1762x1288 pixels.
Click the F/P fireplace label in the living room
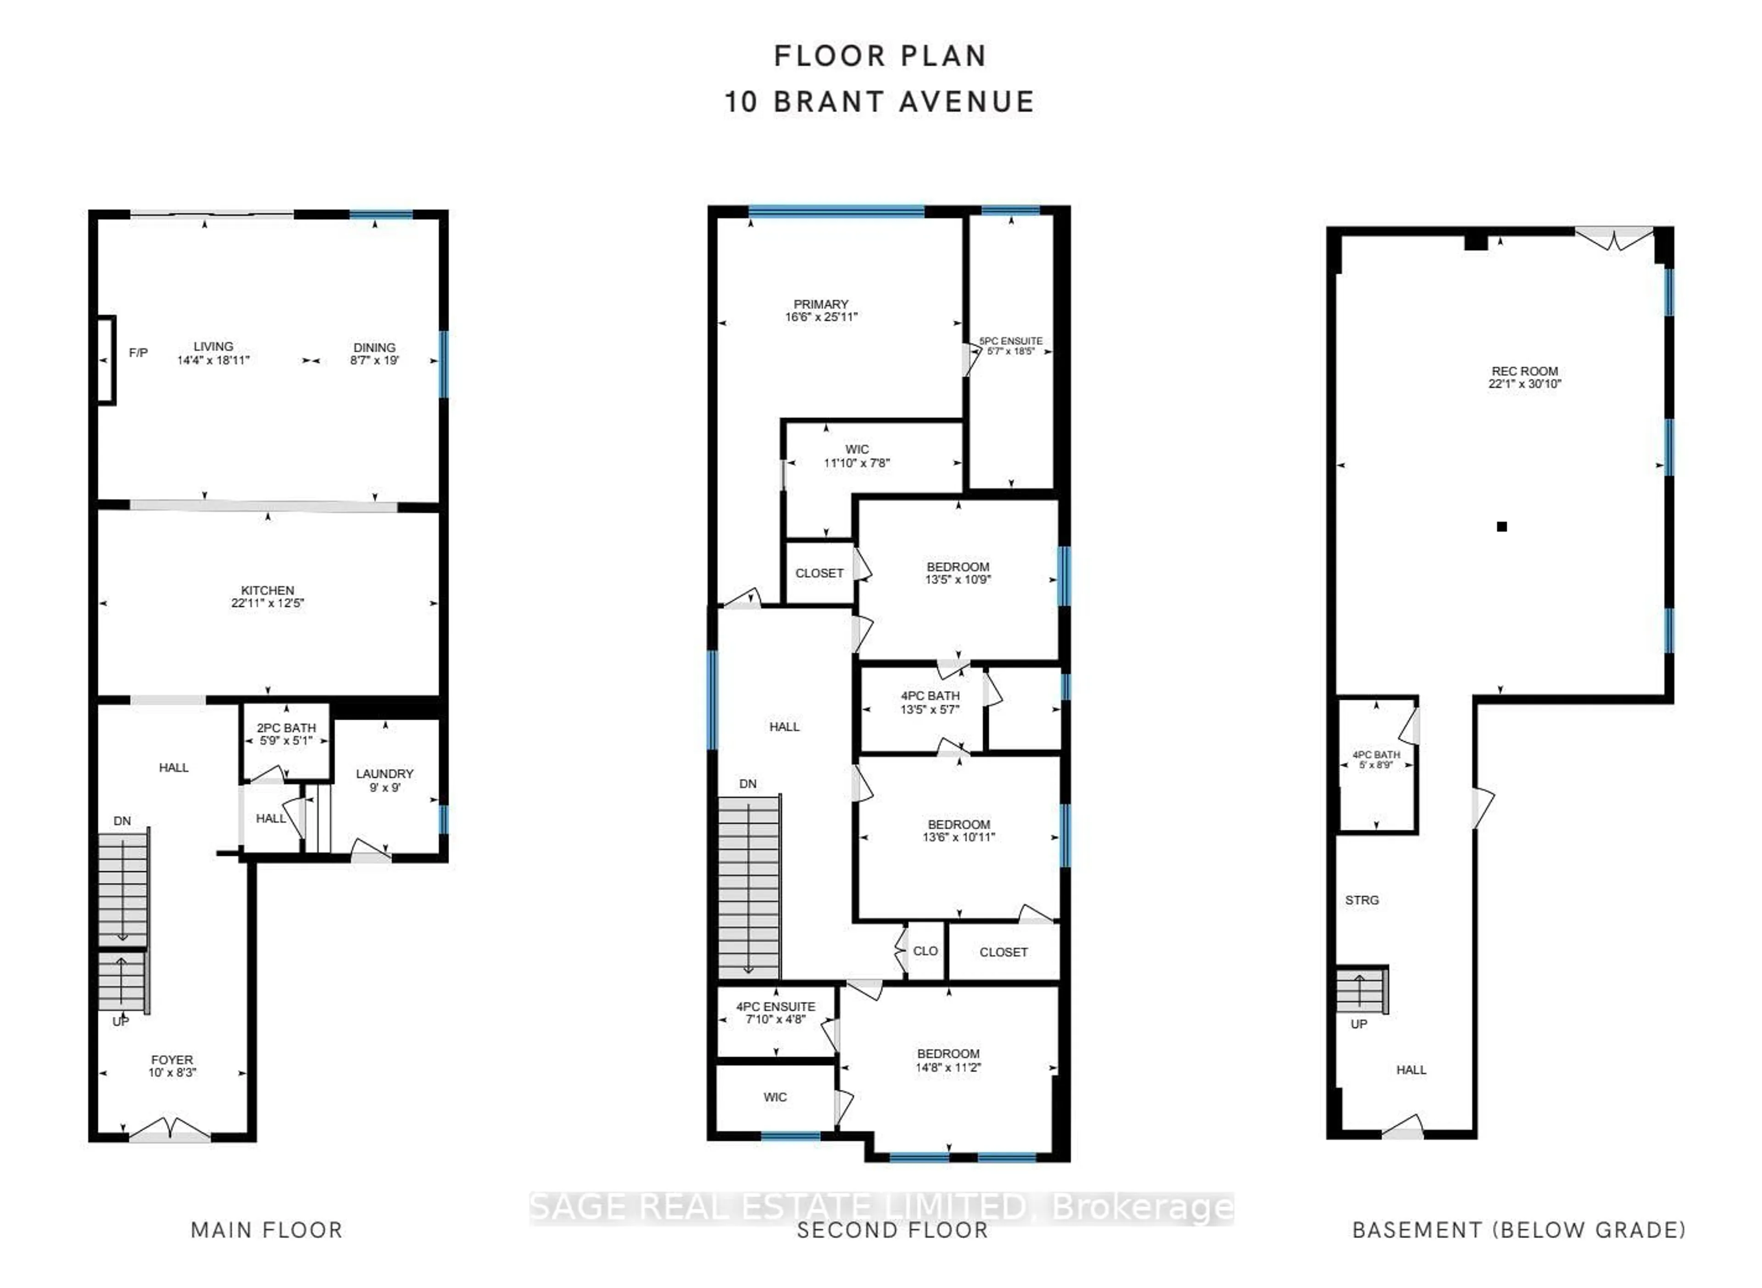138,352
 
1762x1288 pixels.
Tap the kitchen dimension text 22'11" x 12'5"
268,603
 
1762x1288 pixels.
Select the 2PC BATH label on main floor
286,727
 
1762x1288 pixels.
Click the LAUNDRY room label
385,773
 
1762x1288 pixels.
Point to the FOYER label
172,1060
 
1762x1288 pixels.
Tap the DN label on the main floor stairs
122,821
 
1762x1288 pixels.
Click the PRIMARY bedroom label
820,304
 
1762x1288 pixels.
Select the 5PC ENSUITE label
1011,341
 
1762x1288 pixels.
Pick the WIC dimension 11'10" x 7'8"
856,462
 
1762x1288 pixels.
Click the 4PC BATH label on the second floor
930,695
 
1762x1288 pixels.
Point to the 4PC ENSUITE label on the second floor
775,1006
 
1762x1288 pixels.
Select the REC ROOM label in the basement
1524,371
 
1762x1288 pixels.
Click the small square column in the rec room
1501,526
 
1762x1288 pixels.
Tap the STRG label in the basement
1362,900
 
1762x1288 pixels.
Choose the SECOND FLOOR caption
892,1230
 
